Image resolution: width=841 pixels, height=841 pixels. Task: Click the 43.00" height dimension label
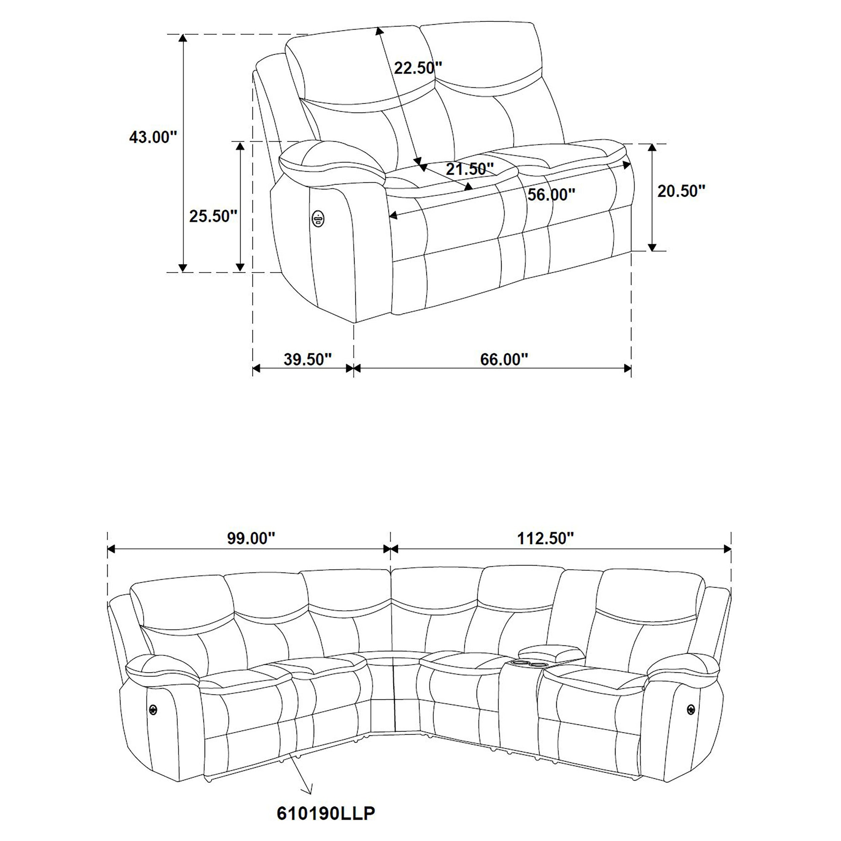(x=153, y=138)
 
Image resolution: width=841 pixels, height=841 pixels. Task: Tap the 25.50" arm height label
(x=213, y=216)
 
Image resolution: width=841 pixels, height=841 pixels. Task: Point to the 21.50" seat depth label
(x=470, y=169)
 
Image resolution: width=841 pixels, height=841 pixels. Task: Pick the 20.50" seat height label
(x=681, y=191)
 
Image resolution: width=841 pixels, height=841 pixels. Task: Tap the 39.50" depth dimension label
(x=308, y=360)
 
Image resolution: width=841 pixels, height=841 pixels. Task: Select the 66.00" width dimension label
(x=504, y=360)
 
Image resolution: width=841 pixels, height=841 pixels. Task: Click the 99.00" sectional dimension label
(x=251, y=539)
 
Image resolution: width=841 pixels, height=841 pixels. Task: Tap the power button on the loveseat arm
(x=318, y=218)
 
